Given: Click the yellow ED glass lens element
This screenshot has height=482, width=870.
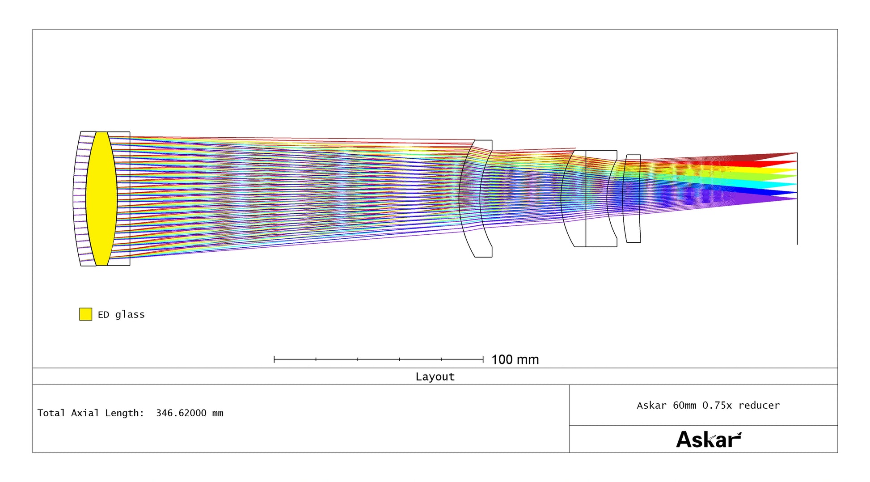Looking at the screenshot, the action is [x=101, y=199].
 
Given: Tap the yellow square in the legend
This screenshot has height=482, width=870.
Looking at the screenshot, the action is [x=86, y=314].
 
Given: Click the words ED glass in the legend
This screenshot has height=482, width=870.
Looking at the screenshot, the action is [x=121, y=315].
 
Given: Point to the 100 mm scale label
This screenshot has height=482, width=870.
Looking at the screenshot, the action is [x=515, y=359].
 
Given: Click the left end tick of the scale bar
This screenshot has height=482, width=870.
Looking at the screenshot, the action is [x=274, y=359].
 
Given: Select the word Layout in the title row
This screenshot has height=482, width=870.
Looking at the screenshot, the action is [x=435, y=376].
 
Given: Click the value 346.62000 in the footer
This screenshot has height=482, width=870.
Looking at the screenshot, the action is [x=181, y=413].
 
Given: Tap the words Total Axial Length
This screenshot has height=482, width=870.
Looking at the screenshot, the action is [x=90, y=413].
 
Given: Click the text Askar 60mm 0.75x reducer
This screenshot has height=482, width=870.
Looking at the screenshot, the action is [x=708, y=405].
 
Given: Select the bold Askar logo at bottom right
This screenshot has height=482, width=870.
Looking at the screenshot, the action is [x=709, y=440].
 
